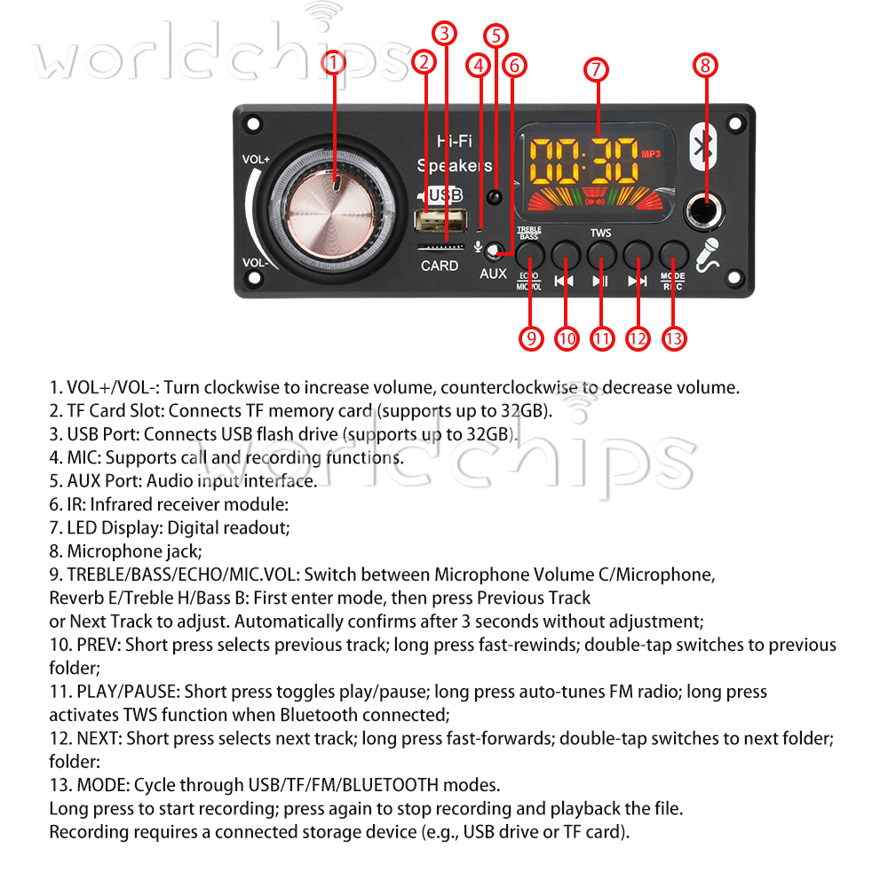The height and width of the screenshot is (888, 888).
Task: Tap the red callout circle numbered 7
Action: (x=596, y=70)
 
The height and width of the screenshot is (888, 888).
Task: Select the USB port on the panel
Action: (x=440, y=219)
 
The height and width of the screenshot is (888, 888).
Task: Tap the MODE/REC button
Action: (x=672, y=255)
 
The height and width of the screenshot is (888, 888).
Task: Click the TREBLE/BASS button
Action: (x=530, y=255)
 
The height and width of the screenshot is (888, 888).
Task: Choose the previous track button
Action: (x=566, y=255)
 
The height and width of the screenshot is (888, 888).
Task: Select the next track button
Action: (x=637, y=255)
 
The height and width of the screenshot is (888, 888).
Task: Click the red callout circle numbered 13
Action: (x=674, y=338)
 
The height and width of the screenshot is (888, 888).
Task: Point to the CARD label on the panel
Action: (x=440, y=266)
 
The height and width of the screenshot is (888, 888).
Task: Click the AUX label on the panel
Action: (x=493, y=274)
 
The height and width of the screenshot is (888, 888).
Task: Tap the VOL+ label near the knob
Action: (x=256, y=160)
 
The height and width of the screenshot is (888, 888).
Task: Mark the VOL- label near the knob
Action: (x=256, y=263)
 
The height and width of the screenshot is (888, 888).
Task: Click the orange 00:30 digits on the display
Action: (x=583, y=160)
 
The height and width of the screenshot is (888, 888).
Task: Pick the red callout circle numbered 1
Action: (x=333, y=63)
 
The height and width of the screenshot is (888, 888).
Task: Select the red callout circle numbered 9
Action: (x=530, y=338)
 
